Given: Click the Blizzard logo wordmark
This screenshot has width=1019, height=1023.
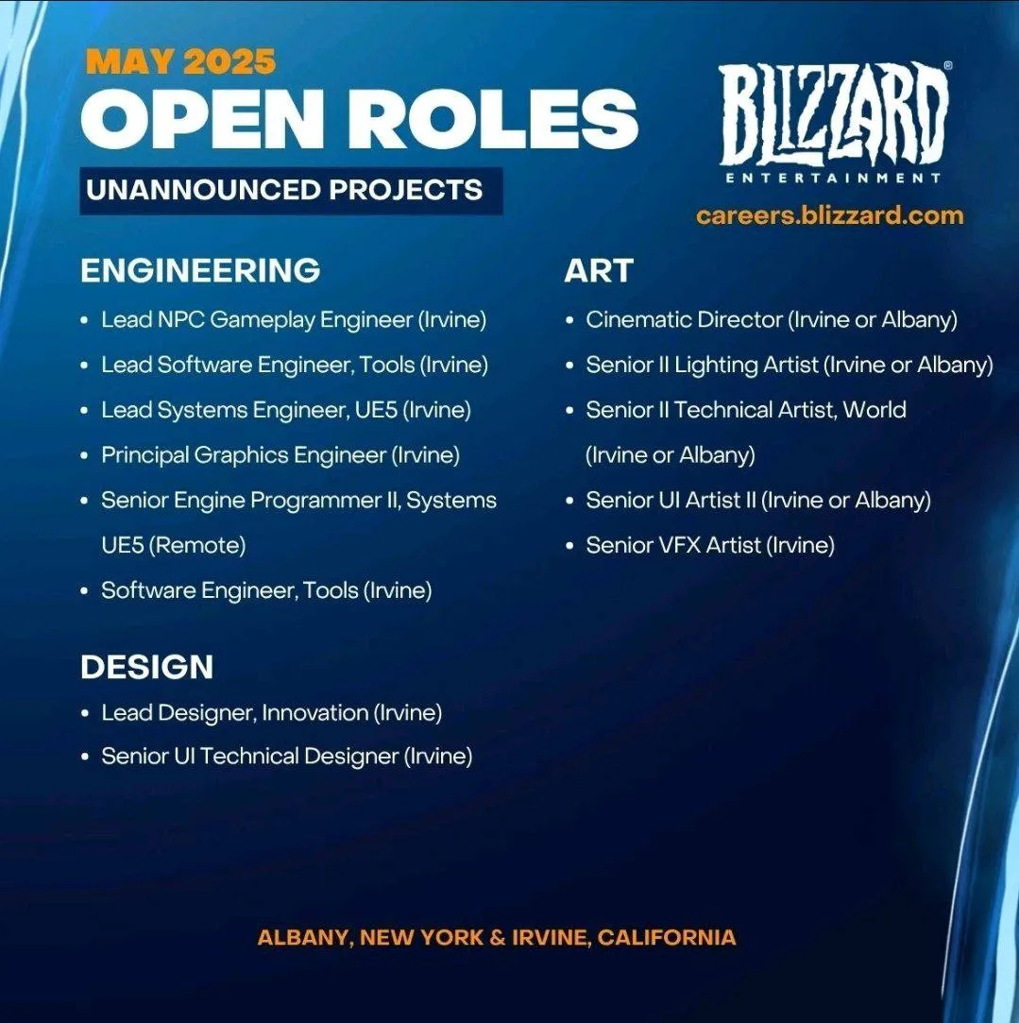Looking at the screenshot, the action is point(835,113).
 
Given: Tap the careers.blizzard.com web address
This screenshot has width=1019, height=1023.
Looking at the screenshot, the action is point(830,215).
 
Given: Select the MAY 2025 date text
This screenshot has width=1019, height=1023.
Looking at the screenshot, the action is point(180,62).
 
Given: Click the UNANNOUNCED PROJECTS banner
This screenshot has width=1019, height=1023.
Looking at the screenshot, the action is point(291,191).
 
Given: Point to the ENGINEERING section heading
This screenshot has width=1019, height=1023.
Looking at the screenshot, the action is point(200,270).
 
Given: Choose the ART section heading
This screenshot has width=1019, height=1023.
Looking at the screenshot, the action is point(598,270).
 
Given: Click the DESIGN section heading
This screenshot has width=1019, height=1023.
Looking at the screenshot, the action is point(146,667).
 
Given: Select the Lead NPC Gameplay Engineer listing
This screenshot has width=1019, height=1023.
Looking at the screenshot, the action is point(294,319).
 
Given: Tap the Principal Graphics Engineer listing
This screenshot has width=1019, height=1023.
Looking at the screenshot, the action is point(280,454).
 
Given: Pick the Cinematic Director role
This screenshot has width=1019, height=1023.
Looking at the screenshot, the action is point(772,319).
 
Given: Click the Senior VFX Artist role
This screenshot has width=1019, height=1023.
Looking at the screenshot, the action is point(710,545).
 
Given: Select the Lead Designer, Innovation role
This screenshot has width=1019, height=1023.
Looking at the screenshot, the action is point(271,712).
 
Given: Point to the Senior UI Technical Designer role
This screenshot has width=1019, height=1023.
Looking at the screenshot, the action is point(287,757).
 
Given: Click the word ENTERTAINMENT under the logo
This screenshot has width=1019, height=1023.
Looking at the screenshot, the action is point(833,179).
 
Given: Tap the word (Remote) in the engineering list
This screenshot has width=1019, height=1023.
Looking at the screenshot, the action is point(197,545).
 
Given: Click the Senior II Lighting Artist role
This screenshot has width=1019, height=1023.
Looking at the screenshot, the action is point(790,365).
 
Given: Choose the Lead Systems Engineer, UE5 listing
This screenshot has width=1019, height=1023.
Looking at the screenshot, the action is point(286,410).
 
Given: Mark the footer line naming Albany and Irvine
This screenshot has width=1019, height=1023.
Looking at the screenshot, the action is point(497,938).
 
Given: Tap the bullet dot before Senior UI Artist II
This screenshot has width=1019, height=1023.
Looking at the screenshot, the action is point(569,501).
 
